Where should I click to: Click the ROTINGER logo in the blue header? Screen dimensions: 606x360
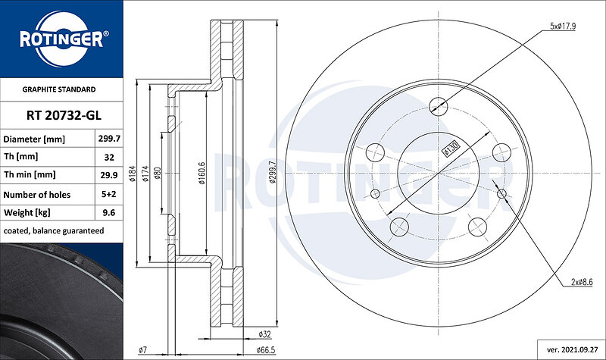[62, 39]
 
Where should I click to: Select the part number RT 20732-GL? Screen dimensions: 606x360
[64, 115]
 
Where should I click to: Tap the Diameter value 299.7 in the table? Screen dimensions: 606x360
[109, 139]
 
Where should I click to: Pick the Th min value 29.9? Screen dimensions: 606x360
[109, 175]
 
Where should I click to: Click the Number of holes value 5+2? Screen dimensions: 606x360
[109, 194]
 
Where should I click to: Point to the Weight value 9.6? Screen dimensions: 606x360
[109, 212]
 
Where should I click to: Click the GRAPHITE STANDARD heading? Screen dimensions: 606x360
[59, 89]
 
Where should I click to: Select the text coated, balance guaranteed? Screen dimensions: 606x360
[54, 231]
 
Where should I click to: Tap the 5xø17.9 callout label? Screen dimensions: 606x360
[563, 27]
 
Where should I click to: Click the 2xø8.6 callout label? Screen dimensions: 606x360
[582, 282]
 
